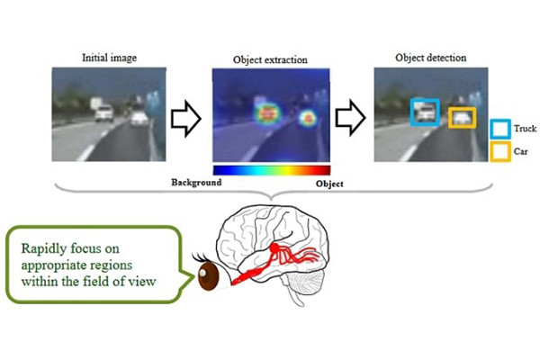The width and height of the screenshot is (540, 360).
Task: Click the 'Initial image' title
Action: (x=109, y=58)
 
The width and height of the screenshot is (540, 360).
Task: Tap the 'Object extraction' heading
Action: (x=270, y=59)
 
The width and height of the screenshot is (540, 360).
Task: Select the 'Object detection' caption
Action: (x=431, y=58)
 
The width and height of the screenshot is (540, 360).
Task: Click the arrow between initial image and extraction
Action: (x=186, y=119)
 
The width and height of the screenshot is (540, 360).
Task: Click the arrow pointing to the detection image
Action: (x=350, y=118)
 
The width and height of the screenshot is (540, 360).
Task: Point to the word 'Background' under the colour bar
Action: (x=196, y=182)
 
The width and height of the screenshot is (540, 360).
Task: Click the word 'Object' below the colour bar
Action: (x=329, y=184)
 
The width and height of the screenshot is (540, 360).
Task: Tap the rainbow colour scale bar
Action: (x=272, y=170)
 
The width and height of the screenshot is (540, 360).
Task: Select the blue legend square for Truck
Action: (x=490, y=129)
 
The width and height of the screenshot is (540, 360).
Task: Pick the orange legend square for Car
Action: (x=490, y=152)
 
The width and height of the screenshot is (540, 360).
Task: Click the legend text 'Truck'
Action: (x=526, y=129)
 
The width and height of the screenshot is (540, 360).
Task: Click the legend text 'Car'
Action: (x=521, y=151)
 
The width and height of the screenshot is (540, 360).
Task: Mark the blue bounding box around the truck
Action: (x=412, y=112)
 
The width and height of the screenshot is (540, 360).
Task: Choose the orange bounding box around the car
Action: (x=450, y=118)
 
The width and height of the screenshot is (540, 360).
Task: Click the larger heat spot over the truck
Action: (x=267, y=114)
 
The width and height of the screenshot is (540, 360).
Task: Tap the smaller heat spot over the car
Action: (x=308, y=119)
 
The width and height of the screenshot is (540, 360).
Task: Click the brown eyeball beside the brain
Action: (x=209, y=276)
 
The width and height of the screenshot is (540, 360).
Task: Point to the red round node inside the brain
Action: (x=274, y=247)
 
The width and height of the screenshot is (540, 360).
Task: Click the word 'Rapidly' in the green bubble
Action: (x=44, y=249)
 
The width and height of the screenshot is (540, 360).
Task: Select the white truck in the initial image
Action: (x=103, y=113)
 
